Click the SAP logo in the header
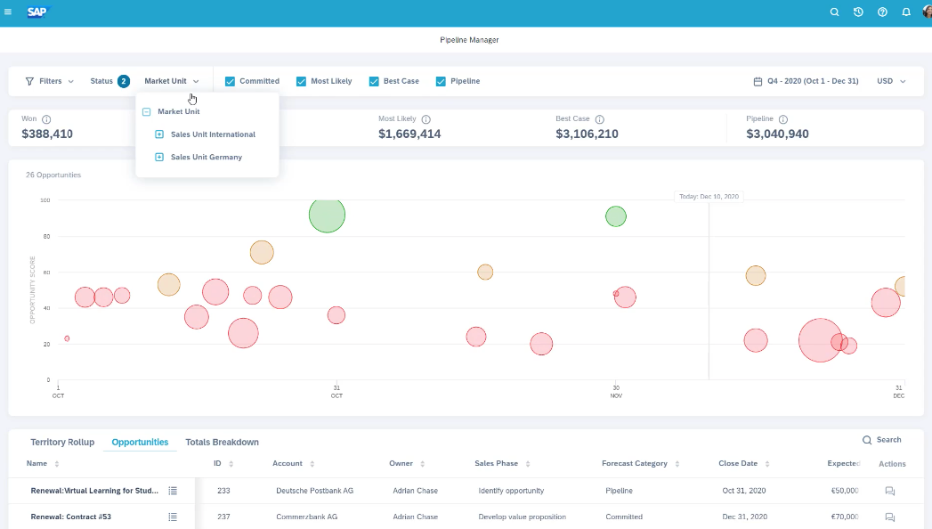tap(38, 12)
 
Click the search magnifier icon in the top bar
tap(834, 12)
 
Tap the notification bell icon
tap(906, 12)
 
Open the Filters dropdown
tap(50, 81)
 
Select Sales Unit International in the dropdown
tap(213, 134)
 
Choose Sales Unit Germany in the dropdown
tap(206, 157)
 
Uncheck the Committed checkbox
tap(231, 81)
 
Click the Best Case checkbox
tap(374, 81)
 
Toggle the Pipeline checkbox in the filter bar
tap(441, 81)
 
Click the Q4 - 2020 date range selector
tap(806, 81)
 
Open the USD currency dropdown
tap(890, 81)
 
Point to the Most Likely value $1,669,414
tap(409, 134)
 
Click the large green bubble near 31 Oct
tap(327, 215)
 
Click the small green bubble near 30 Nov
tap(616, 216)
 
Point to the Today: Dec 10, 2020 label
tap(708, 196)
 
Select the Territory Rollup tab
tap(62, 442)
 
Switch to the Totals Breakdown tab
tap(222, 442)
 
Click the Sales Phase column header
tap(497, 463)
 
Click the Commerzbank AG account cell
tap(306, 517)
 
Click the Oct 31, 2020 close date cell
tap(744, 491)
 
